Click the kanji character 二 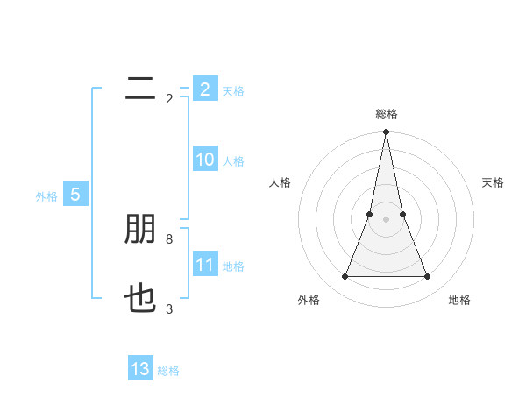[x=139, y=89]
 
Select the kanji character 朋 [x=139, y=229]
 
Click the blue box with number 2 [x=205, y=89]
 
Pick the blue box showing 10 [x=205, y=160]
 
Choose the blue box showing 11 [x=205, y=265]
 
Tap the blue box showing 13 [x=140, y=369]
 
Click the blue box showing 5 [x=75, y=195]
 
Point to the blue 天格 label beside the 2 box [x=233, y=91]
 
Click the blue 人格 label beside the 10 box [x=233, y=161]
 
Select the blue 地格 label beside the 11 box [x=233, y=266]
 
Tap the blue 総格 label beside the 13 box [x=168, y=371]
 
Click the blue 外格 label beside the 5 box [x=46, y=196]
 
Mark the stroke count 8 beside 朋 [x=168, y=238]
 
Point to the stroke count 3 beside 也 [x=168, y=309]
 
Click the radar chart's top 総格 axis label [x=387, y=114]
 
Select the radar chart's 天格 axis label [x=494, y=182]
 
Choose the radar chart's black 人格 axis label [x=280, y=182]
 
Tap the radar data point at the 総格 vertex [x=387, y=133]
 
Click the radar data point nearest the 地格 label [x=428, y=277]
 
